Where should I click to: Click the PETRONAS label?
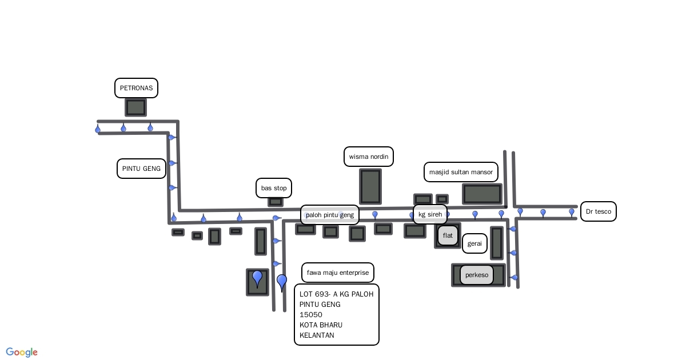pyautogui.click(x=136, y=88)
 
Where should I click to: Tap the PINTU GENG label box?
pyautogui.click(x=141, y=169)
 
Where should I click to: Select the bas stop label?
pyautogui.click(x=274, y=188)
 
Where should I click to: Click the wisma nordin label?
pyautogui.click(x=369, y=157)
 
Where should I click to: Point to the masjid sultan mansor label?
pyautogui.click(x=461, y=172)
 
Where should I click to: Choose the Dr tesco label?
pyautogui.click(x=599, y=211)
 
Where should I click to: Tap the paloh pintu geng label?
pyautogui.click(x=330, y=215)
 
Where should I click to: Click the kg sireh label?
pyautogui.click(x=430, y=214)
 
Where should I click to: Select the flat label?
pyautogui.click(x=448, y=235)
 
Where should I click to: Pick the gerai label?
pyautogui.click(x=474, y=243)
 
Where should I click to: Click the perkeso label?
pyautogui.click(x=477, y=275)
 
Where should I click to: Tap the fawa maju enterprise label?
pyautogui.click(x=338, y=273)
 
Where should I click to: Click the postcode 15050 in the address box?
pyautogui.click(x=311, y=315)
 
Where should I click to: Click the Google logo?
pyautogui.click(x=22, y=352)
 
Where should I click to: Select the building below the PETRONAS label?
pyautogui.click(x=136, y=107)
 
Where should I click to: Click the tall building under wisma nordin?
pyautogui.click(x=370, y=186)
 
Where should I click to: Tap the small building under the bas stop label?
pyautogui.click(x=276, y=202)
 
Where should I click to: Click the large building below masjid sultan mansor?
pyautogui.click(x=482, y=194)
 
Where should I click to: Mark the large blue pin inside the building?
pyautogui.click(x=257, y=278)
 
